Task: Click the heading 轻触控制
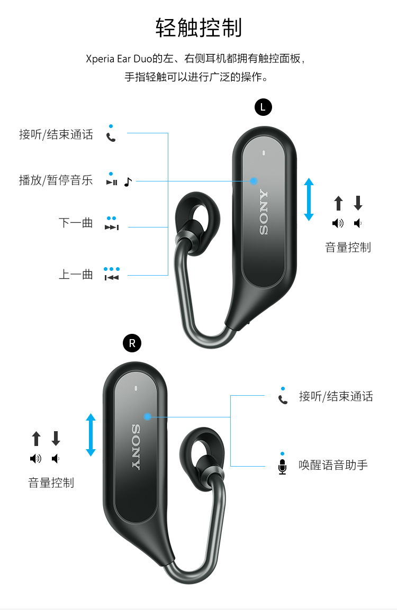point(198,28)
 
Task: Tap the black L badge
point(263,107)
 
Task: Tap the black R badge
point(132,343)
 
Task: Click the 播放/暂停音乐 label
point(56,180)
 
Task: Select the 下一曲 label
point(76,223)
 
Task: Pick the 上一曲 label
point(76,275)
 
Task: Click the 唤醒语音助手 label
point(333,465)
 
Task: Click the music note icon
point(128,181)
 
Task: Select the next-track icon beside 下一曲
point(112,227)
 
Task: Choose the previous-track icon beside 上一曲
point(112,277)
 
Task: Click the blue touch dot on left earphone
point(254,181)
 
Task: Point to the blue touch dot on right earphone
point(148,417)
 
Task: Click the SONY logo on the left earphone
point(264,212)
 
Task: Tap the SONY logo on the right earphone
point(136,447)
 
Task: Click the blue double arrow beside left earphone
point(309,199)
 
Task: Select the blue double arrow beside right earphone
point(91,434)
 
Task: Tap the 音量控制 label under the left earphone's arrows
point(348,248)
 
